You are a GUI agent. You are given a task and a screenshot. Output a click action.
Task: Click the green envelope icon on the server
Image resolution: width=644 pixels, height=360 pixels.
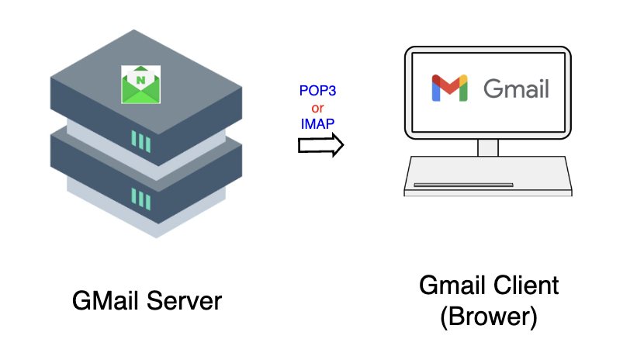[x=140, y=83]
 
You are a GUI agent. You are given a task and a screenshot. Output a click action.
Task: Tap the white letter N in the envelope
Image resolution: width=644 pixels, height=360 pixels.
[x=140, y=78]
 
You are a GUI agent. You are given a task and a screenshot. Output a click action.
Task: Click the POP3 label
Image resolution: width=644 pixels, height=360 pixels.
[x=318, y=92]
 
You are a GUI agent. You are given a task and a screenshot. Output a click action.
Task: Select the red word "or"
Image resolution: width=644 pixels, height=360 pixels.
[x=317, y=107]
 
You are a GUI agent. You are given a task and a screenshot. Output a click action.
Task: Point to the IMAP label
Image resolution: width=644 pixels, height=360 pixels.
[x=317, y=123]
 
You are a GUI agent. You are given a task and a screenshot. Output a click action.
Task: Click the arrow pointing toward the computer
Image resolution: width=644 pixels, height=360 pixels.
[x=320, y=144]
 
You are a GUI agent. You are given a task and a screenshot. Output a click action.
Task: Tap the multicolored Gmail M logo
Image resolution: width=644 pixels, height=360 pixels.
[x=450, y=88]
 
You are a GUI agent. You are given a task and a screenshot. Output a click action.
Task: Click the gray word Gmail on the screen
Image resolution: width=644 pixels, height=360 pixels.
[x=516, y=88]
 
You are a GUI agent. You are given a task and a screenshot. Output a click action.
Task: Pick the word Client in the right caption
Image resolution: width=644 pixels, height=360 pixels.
[x=524, y=286]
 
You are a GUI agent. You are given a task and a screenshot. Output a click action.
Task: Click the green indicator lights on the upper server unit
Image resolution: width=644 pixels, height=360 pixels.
[x=140, y=141]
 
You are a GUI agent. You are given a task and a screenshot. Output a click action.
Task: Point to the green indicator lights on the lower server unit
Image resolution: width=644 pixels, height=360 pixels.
[x=140, y=198]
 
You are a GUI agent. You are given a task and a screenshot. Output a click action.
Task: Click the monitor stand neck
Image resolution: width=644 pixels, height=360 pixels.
[x=488, y=147]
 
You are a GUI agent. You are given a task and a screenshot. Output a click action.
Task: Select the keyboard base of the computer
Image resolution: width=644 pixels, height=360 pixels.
[x=488, y=175]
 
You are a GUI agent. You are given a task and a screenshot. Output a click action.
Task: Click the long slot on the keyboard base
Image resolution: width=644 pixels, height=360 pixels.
[x=463, y=185]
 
